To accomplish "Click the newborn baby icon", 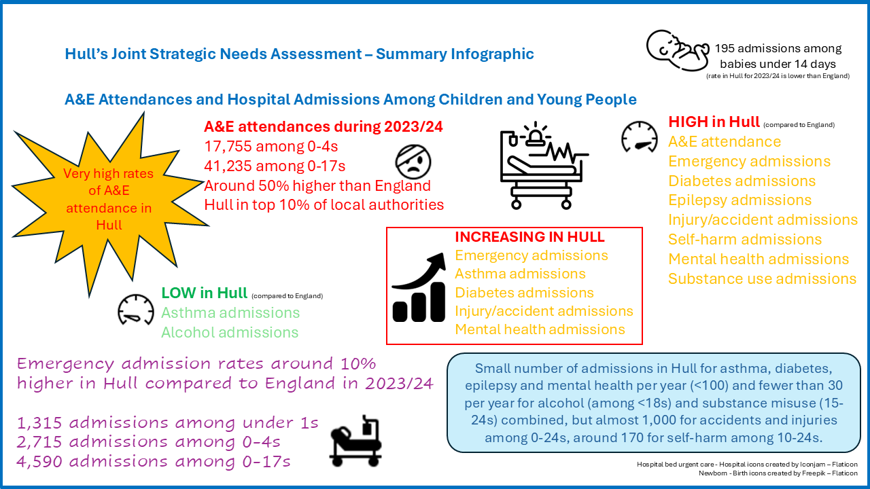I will (677, 52).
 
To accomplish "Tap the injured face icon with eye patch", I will (413, 163).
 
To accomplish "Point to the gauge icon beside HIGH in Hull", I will (640, 137).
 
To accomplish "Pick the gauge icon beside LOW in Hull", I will (136, 310).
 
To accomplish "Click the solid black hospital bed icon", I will (355, 439).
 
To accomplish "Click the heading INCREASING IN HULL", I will (529, 237).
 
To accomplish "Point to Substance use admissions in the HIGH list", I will (762, 279).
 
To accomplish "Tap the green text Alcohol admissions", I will (230, 332).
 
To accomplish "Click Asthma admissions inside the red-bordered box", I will (520, 274).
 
